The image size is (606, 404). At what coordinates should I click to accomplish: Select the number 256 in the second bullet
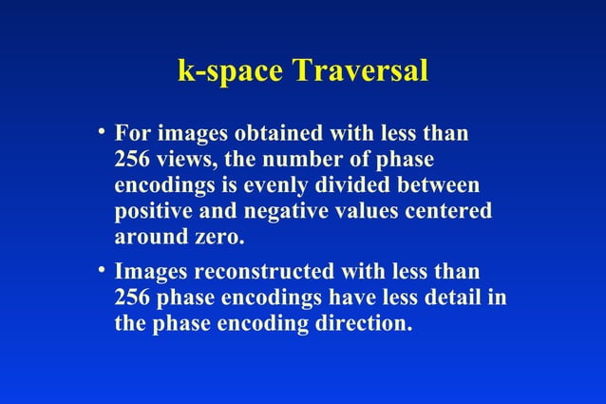coord(131,297)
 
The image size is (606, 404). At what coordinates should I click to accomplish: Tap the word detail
coord(458,297)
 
